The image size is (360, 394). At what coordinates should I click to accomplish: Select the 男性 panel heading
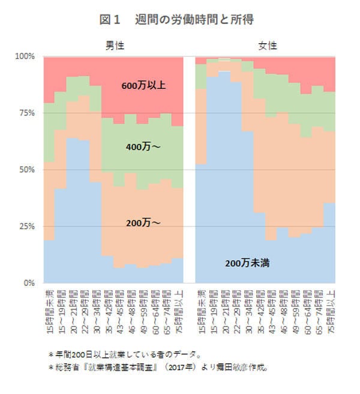click(x=114, y=46)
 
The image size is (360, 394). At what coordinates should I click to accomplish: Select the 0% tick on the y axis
click(x=29, y=283)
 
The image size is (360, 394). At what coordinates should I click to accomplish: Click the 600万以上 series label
click(x=143, y=85)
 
